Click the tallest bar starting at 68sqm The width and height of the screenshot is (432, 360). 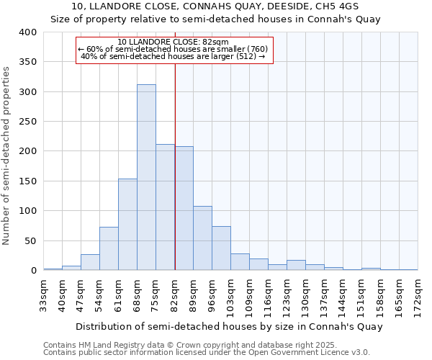pos(146,177)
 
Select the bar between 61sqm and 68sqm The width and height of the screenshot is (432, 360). pos(127,225)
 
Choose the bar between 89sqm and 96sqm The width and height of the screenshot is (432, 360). pos(202,238)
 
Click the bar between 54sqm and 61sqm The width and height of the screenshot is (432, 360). pos(109,248)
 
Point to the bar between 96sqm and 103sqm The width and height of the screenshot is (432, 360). pos(221,248)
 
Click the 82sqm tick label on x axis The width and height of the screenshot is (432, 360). pos(175,295)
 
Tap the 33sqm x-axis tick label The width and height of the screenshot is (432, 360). pos(44,295)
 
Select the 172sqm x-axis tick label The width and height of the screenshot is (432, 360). pos(418,295)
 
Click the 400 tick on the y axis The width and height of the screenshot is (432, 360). pos(28,32)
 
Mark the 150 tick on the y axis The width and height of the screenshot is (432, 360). pos(28,181)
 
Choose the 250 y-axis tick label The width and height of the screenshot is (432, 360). pos(28,122)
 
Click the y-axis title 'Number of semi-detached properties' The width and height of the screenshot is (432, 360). pos(7,155)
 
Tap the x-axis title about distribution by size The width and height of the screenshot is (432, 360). pos(228,326)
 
